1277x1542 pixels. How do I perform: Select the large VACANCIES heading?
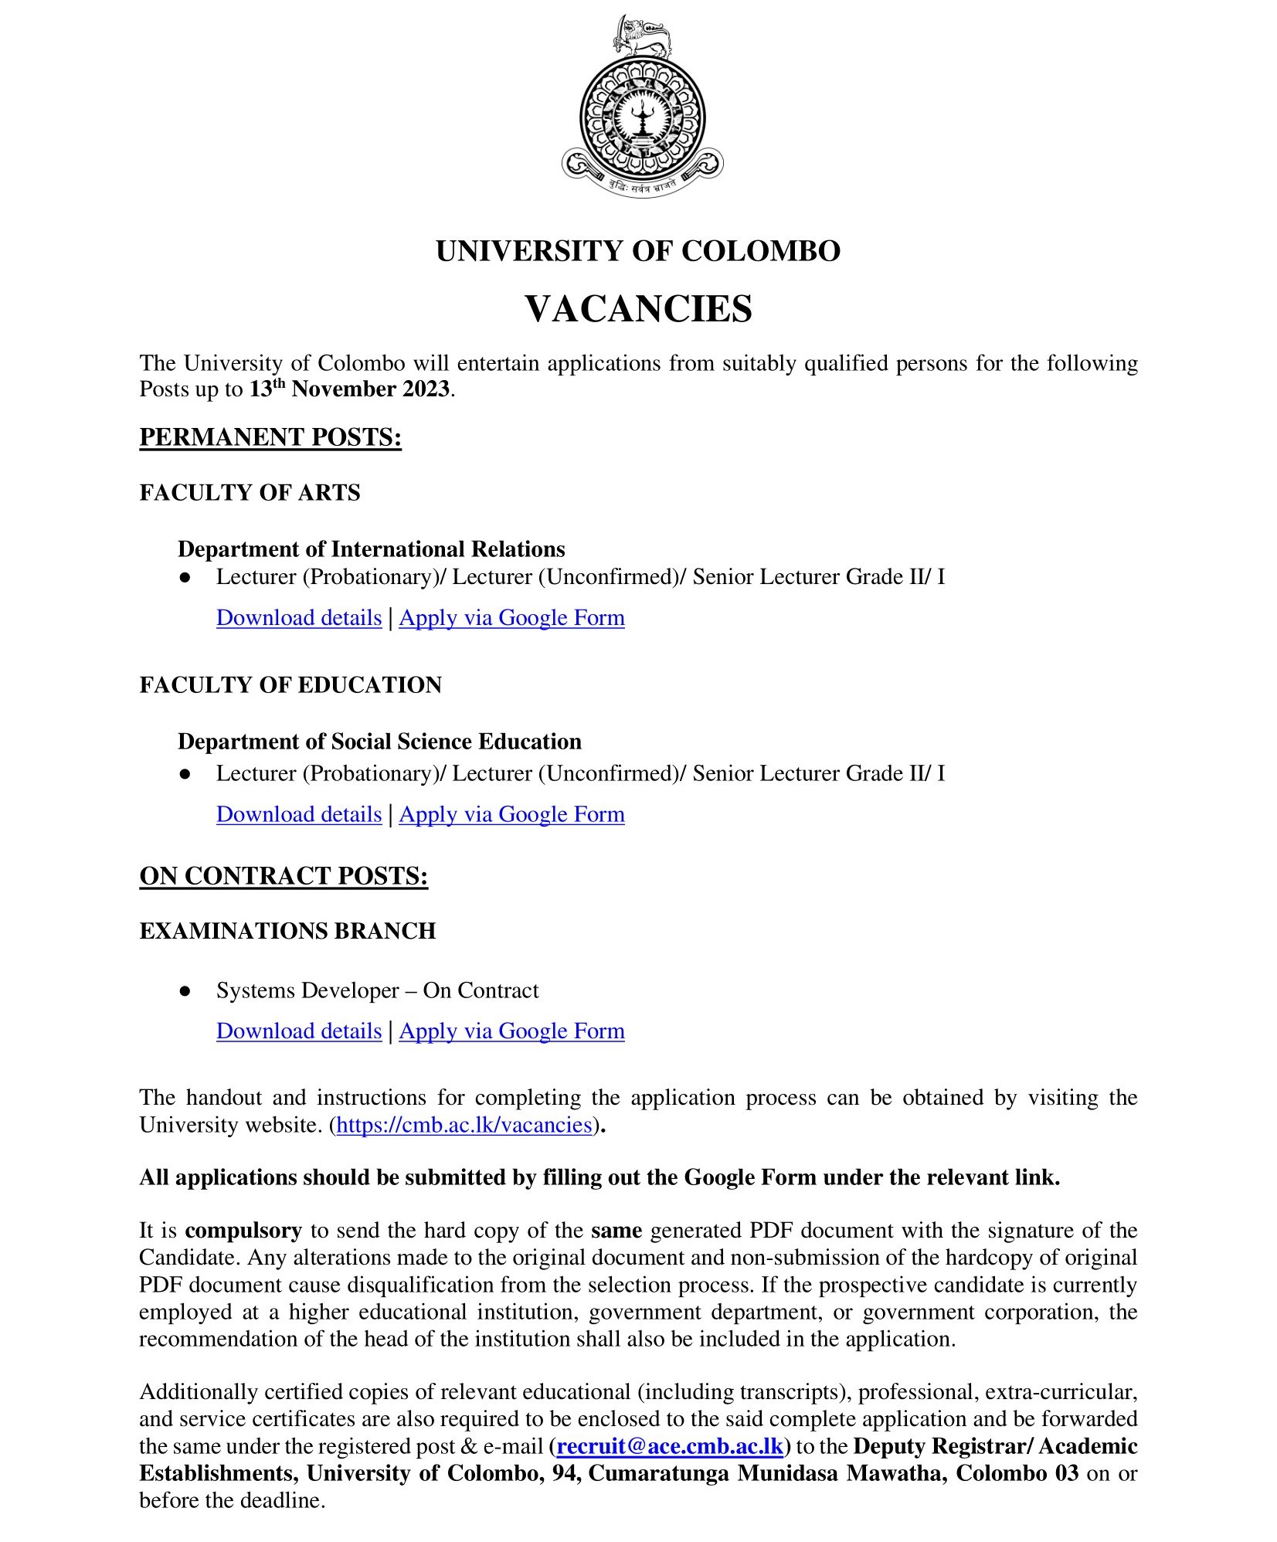coord(638,309)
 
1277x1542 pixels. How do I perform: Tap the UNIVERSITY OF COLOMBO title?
coord(638,251)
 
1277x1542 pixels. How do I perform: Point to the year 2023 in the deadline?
coord(425,389)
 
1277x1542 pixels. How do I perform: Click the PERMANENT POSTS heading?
coord(270,437)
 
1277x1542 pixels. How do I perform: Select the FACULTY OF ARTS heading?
coord(250,493)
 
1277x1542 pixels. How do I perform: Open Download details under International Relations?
coord(299,618)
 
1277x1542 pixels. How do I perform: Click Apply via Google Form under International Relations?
coord(511,618)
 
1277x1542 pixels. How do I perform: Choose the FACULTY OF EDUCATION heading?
coord(290,685)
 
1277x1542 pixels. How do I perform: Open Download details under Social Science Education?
coord(299,814)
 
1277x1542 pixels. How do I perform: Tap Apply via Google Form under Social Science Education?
coord(511,814)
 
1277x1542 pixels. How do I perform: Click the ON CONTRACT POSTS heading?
coord(284,876)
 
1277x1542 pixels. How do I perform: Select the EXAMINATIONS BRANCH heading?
coord(287,931)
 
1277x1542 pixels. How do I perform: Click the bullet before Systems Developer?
coord(185,991)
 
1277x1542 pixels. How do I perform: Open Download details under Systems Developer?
coord(299,1031)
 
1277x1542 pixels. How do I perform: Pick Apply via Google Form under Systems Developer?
coord(511,1031)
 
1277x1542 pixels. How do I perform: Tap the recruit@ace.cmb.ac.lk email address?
coord(670,1445)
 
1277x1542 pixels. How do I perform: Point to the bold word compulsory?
coord(243,1230)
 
